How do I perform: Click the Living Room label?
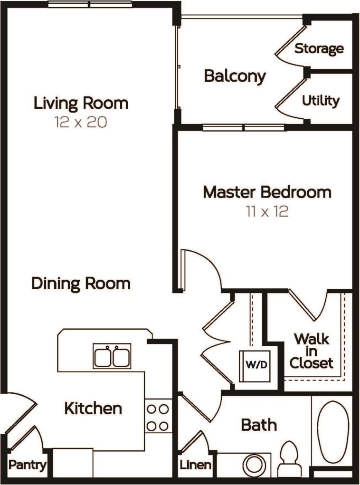(x=81, y=103)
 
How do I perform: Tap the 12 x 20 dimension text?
(x=81, y=122)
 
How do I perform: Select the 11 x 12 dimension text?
(x=267, y=211)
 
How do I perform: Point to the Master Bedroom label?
(x=267, y=192)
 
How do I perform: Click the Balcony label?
(x=235, y=76)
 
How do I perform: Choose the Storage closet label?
(x=319, y=48)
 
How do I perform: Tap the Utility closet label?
(x=321, y=101)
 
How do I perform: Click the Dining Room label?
(x=81, y=284)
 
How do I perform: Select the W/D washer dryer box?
(x=254, y=366)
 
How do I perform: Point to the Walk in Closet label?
(x=312, y=352)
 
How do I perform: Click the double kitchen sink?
(x=112, y=356)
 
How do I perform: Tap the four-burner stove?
(x=158, y=417)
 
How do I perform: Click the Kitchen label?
(x=93, y=408)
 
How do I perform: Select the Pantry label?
(x=28, y=465)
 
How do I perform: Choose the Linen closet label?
(x=195, y=465)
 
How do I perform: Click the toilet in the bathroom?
(x=289, y=459)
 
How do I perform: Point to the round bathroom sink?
(x=255, y=465)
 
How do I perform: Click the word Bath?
(x=259, y=425)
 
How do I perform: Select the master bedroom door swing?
(x=199, y=268)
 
